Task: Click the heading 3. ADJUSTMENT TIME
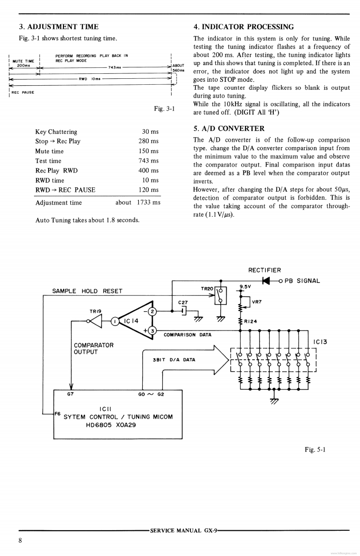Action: (x=59, y=27)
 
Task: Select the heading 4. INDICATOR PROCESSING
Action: (x=243, y=27)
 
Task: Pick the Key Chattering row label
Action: (x=56, y=132)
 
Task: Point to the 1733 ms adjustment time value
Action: (x=149, y=202)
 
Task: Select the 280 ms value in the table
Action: (x=149, y=141)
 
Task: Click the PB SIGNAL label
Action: (x=302, y=281)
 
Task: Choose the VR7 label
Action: (x=257, y=301)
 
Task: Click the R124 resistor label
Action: (x=250, y=321)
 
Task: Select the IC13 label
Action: (x=320, y=342)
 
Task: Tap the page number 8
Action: (x=20, y=540)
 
